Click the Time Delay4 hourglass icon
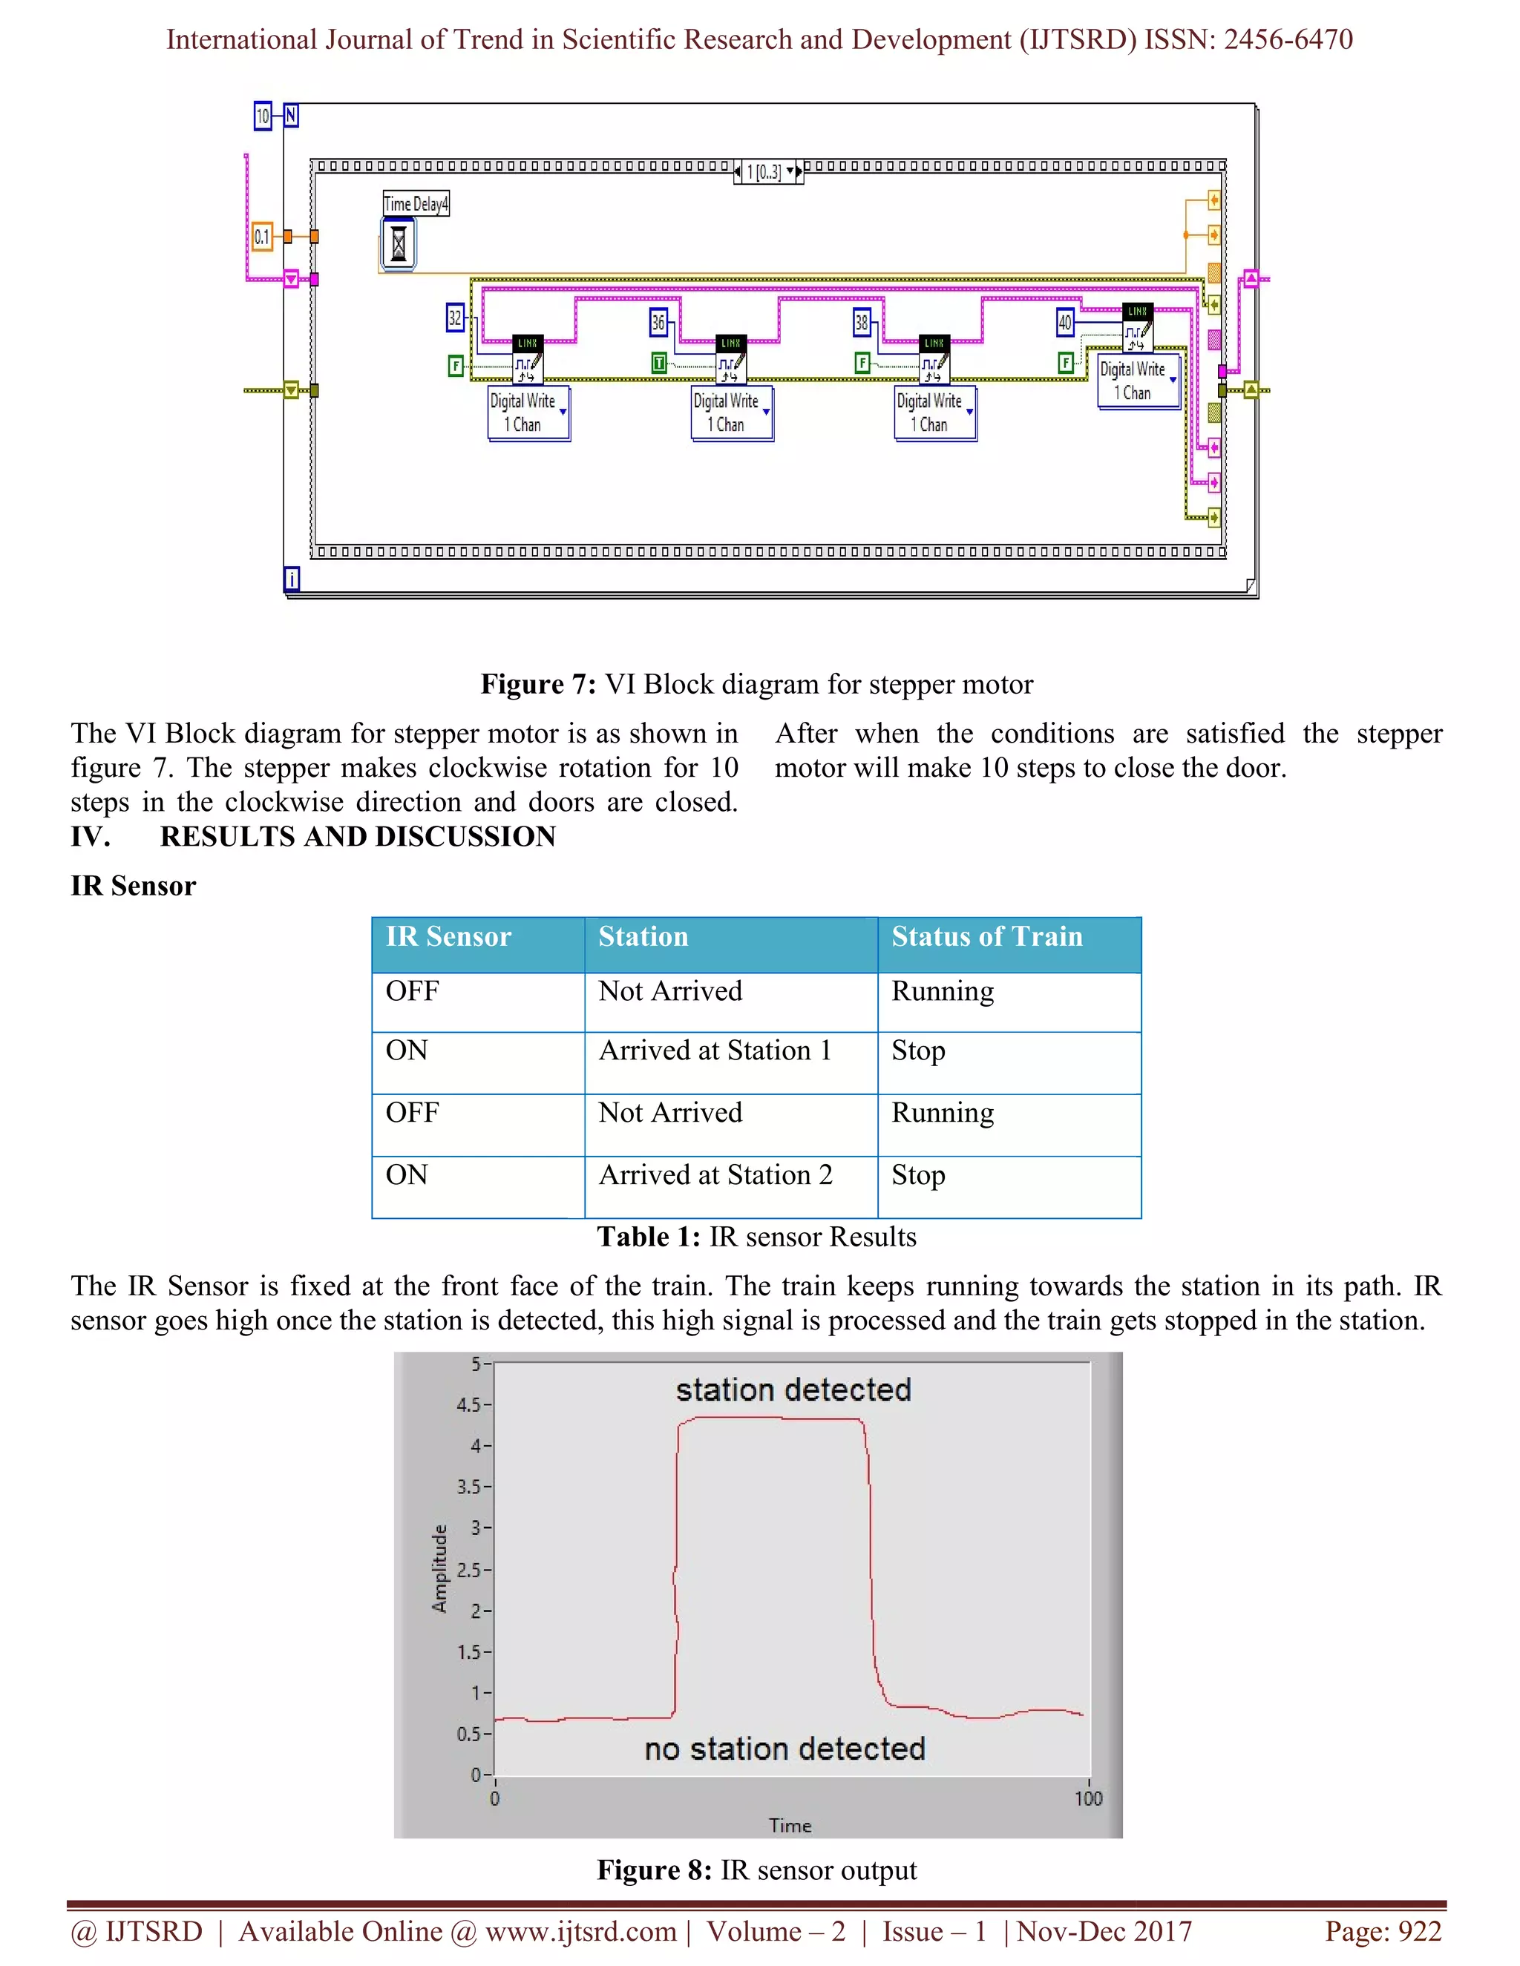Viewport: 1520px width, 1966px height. [x=398, y=244]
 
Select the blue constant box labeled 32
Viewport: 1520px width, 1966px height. [x=456, y=318]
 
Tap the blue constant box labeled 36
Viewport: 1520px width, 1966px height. [x=658, y=322]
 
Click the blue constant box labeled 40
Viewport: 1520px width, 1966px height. [x=1065, y=322]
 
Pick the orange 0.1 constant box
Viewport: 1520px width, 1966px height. [x=262, y=237]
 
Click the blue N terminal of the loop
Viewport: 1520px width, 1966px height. [x=291, y=115]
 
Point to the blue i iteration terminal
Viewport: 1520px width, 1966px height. [x=292, y=579]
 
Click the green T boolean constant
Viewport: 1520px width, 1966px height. [x=659, y=363]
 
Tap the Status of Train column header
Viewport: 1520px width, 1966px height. [x=987, y=937]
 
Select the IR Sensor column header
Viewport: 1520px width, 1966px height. [x=448, y=937]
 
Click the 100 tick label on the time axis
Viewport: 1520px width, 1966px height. [x=1088, y=1798]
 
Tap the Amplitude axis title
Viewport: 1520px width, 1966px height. [x=439, y=1569]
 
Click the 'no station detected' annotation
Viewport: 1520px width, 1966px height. [x=784, y=1749]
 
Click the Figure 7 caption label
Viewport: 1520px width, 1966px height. [x=537, y=684]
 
